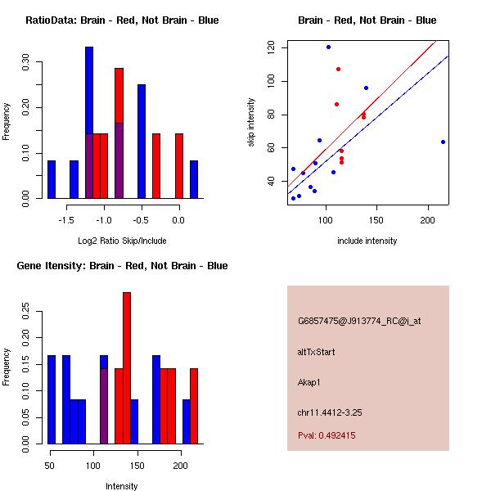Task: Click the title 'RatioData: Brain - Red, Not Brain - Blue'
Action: pyautogui.click(x=122, y=20)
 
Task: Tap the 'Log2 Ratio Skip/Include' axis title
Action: pyautogui.click(x=122, y=241)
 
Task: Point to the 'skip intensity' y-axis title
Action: pyautogui.click(x=251, y=123)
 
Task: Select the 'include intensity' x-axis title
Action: pyautogui.click(x=367, y=241)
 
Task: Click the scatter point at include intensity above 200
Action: pyautogui.click(x=443, y=142)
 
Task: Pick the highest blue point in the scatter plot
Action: pyautogui.click(x=328, y=47)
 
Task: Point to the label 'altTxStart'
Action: pyautogui.click(x=316, y=352)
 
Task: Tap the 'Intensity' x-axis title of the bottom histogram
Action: pyautogui.click(x=122, y=486)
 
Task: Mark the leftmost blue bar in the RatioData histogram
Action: pyautogui.click(x=52, y=179)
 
